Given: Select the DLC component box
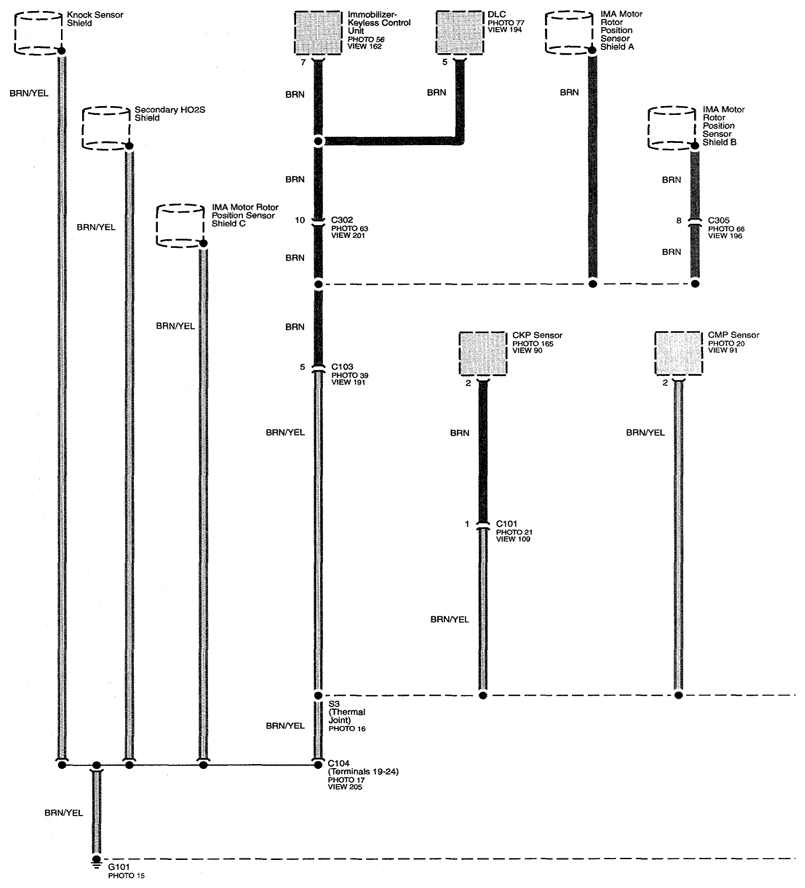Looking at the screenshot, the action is [459, 33].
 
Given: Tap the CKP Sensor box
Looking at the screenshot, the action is [483, 353].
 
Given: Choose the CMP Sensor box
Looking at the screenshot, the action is [679, 353].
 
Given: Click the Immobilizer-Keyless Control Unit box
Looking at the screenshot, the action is [318, 33].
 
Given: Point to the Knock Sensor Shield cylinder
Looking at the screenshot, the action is [38, 33].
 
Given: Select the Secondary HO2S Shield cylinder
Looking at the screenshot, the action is [106, 128].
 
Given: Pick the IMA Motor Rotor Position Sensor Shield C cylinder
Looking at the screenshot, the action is [180, 225].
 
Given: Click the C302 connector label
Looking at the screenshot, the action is [342, 220].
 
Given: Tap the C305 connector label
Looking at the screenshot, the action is [719, 220].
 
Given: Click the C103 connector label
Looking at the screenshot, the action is [342, 366].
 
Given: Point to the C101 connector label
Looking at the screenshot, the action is [506, 524].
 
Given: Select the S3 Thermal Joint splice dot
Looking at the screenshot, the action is [318, 695].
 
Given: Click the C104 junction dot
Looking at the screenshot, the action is [318, 765].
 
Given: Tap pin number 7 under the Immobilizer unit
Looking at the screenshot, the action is [303, 62].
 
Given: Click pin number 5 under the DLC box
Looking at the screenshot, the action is [445, 62].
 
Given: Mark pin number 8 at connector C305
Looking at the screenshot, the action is [679, 220].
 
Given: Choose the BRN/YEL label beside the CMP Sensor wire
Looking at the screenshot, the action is [645, 432].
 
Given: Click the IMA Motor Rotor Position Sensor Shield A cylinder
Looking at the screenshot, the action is [569, 33].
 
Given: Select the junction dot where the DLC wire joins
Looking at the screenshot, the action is [318, 140].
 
